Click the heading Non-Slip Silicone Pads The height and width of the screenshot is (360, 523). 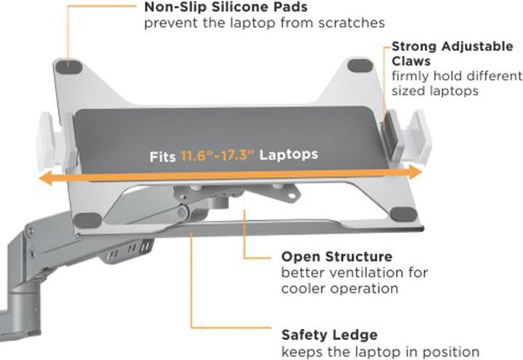(215, 8)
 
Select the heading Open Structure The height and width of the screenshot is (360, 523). (337, 256)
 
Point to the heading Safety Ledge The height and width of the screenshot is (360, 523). (329, 335)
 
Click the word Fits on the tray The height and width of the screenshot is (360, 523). (163, 156)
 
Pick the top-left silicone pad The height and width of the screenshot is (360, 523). (70, 65)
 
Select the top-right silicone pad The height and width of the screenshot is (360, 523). (359, 65)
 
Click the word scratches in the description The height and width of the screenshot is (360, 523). (354, 23)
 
